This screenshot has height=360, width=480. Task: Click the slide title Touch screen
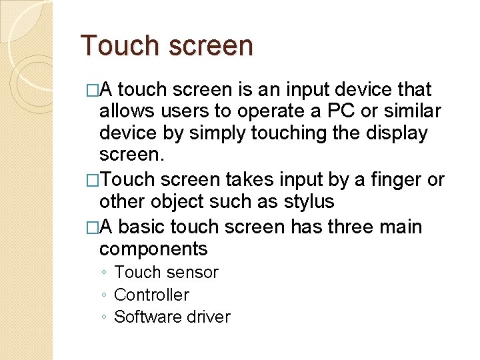[x=167, y=46]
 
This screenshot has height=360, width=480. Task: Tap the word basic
[x=142, y=227]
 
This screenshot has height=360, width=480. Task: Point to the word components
[x=153, y=249]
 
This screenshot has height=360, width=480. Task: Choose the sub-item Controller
[x=151, y=295]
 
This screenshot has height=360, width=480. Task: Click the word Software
[x=146, y=317]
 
